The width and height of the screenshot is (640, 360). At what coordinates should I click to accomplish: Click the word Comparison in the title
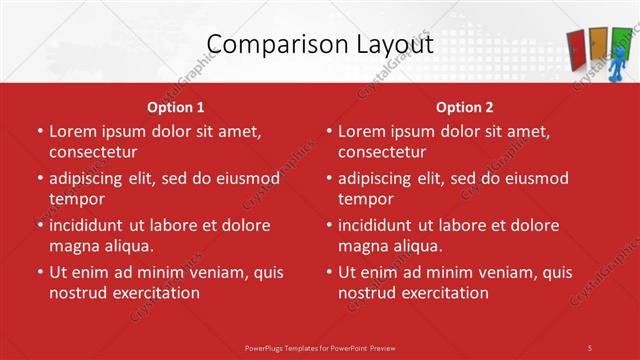tap(265, 45)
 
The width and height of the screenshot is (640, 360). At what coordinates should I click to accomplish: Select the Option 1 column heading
tap(176, 107)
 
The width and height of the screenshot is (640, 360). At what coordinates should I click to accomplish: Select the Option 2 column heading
tap(465, 107)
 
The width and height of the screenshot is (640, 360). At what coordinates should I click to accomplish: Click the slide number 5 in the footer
tap(590, 347)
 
